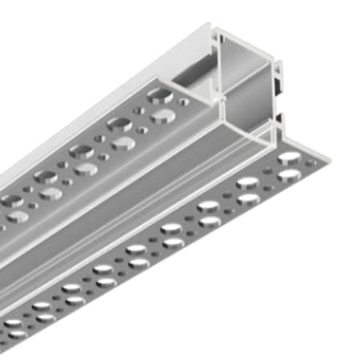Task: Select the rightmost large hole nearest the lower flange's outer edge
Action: (x=289, y=174)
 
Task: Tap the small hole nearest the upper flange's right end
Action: (x=186, y=102)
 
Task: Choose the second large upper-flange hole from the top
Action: (x=120, y=123)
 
